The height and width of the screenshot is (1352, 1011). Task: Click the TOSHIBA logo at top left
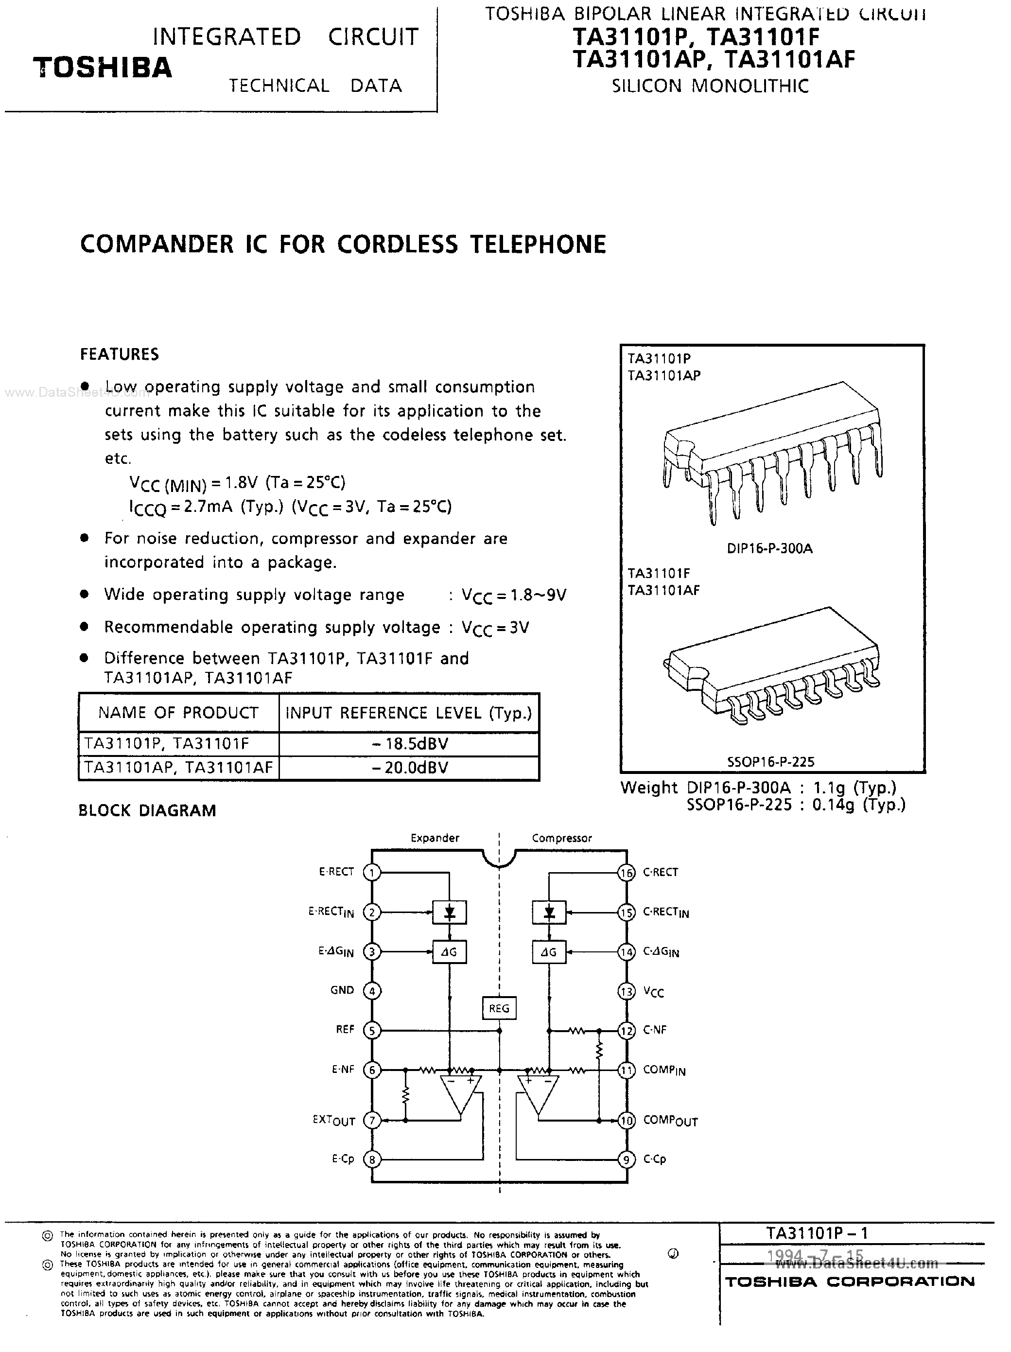[x=103, y=67]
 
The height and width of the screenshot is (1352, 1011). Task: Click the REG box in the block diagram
[x=499, y=1008]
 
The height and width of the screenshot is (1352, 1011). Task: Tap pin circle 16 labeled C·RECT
[x=627, y=872]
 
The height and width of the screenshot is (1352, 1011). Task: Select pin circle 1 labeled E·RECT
[x=372, y=872]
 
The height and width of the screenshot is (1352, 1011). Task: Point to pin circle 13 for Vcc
[x=627, y=991]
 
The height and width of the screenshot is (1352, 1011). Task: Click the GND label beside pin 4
[x=342, y=990]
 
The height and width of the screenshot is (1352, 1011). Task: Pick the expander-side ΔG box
[x=449, y=952]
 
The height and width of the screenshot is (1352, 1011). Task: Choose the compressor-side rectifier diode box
[x=549, y=913]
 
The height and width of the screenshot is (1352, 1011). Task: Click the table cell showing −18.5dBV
[x=409, y=744]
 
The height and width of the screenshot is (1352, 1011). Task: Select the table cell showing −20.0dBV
[x=409, y=768]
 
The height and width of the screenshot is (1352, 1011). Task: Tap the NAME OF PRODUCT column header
[x=178, y=713]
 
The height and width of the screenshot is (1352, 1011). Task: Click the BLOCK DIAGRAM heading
[x=147, y=810]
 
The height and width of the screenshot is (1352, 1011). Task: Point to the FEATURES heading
[x=119, y=354]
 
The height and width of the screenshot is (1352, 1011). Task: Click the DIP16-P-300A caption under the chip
[x=769, y=548]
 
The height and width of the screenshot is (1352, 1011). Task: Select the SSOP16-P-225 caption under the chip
[x=771, y=762]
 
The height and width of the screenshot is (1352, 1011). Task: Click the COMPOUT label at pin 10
[x=670, y=1121]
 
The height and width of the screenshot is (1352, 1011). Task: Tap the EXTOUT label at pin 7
[x=334, y=1121]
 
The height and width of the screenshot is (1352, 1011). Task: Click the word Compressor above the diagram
[x=561, y=838]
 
